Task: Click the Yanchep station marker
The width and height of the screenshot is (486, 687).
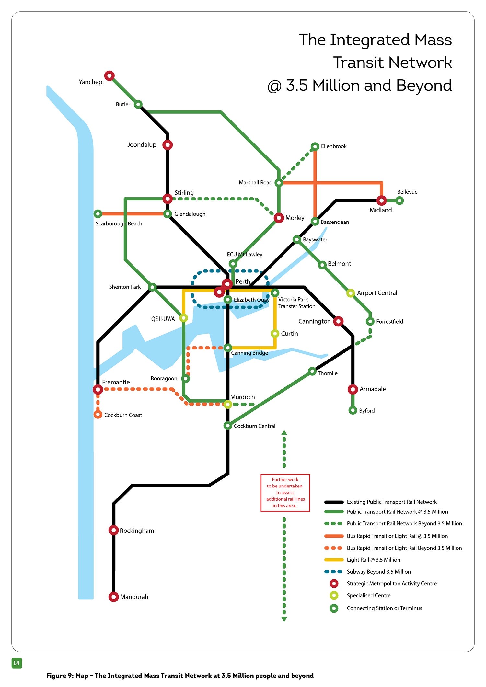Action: (x=110, y=76)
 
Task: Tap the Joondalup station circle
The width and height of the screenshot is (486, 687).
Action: (x=167, y=145)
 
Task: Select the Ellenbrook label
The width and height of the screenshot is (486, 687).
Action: (x=333, y=146)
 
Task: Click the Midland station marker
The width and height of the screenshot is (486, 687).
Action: (x=381, y=200)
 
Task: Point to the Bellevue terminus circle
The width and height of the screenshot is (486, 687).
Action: (x=399, y=200)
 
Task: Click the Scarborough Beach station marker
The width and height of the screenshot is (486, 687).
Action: (x=98, y=214)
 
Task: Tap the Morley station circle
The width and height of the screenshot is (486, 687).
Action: (x=279, y=218)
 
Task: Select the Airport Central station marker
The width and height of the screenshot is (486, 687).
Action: (x=351, y=293)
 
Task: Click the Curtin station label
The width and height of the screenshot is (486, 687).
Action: (x=289, y=334)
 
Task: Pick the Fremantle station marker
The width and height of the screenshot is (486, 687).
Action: (x=98, y=389)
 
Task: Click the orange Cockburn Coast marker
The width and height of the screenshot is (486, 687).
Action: (x=98, y=414)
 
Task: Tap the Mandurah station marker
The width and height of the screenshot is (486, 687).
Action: (x=113, y=597)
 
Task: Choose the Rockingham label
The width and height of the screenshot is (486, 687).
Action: (x=137, y=531)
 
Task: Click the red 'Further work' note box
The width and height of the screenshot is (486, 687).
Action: (x=285, y=493)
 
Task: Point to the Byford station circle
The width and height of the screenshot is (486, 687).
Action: (x=353, y=410)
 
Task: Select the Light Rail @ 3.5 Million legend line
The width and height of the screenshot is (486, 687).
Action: (x=334, y=560)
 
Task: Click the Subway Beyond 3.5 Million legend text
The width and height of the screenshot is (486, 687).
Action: (x=378, y=572)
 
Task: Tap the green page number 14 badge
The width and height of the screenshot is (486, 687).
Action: (x=17, y=663)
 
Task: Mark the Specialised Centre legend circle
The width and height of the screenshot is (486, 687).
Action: (x=334, y=595)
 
